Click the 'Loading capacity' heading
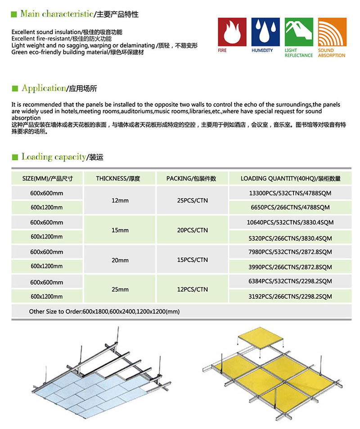pyautogui.click(x=54, y=157)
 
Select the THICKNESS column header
pyautogui.click(x=118, y=178)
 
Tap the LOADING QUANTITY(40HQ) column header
pyautogui.click(x=290, y=178)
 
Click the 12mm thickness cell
pyautogui.click(x=120, y=200)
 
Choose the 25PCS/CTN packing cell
pyautogui.click(x=193, y=200)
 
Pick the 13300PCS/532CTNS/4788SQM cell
pyautogui.click(x=290, y=193)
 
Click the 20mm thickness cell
pyautogui.click(x=120, y=260)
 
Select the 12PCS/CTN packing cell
pyautogui.click(x=193, y=289)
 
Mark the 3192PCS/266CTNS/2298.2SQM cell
pyautogui.click(x=290, y=297)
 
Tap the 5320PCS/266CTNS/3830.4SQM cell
pyautogui.click(x=290, y=237)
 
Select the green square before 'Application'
pyautogui.click(x=14, y=89)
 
